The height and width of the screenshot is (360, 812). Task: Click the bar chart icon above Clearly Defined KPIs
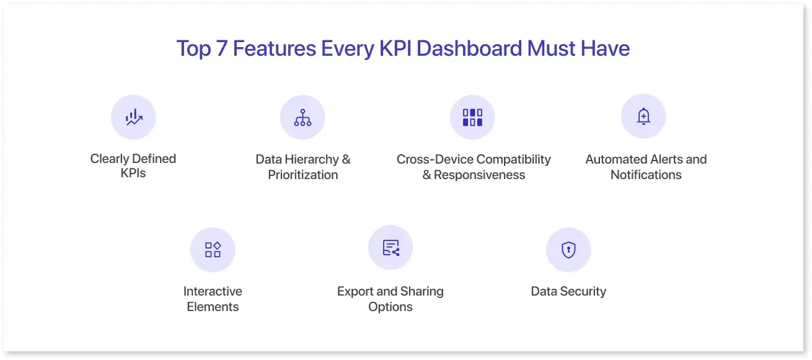[134, 117]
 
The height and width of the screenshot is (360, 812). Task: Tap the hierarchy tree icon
[302, 118]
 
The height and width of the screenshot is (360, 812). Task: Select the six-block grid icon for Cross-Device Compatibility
[472, 118]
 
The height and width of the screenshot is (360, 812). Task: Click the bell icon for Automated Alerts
[643, 116]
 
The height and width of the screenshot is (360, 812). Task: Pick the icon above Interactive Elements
[213, 250]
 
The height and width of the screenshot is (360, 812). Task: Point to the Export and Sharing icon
[391, 248]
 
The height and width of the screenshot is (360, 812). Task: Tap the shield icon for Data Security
[568, 250]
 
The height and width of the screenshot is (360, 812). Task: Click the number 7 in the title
[221, 48]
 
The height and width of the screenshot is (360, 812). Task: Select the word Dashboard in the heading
[469, 48]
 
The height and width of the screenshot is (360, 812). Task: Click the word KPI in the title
[395, 48]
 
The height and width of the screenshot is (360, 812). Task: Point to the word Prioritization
[303, 175]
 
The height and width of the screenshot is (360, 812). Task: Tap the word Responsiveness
[479, 175]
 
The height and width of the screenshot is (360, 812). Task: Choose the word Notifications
[646, 175]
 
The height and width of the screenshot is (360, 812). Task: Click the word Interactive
[213, 291]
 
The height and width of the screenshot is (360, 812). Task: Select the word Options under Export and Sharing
[391, 307]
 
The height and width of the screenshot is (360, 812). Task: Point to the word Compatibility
[513, 159]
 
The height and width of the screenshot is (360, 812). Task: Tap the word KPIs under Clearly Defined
[133, 173]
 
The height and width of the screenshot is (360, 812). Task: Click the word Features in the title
[274, 48]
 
